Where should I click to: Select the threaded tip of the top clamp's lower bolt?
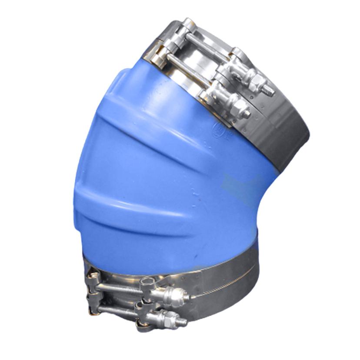(247, 114)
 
